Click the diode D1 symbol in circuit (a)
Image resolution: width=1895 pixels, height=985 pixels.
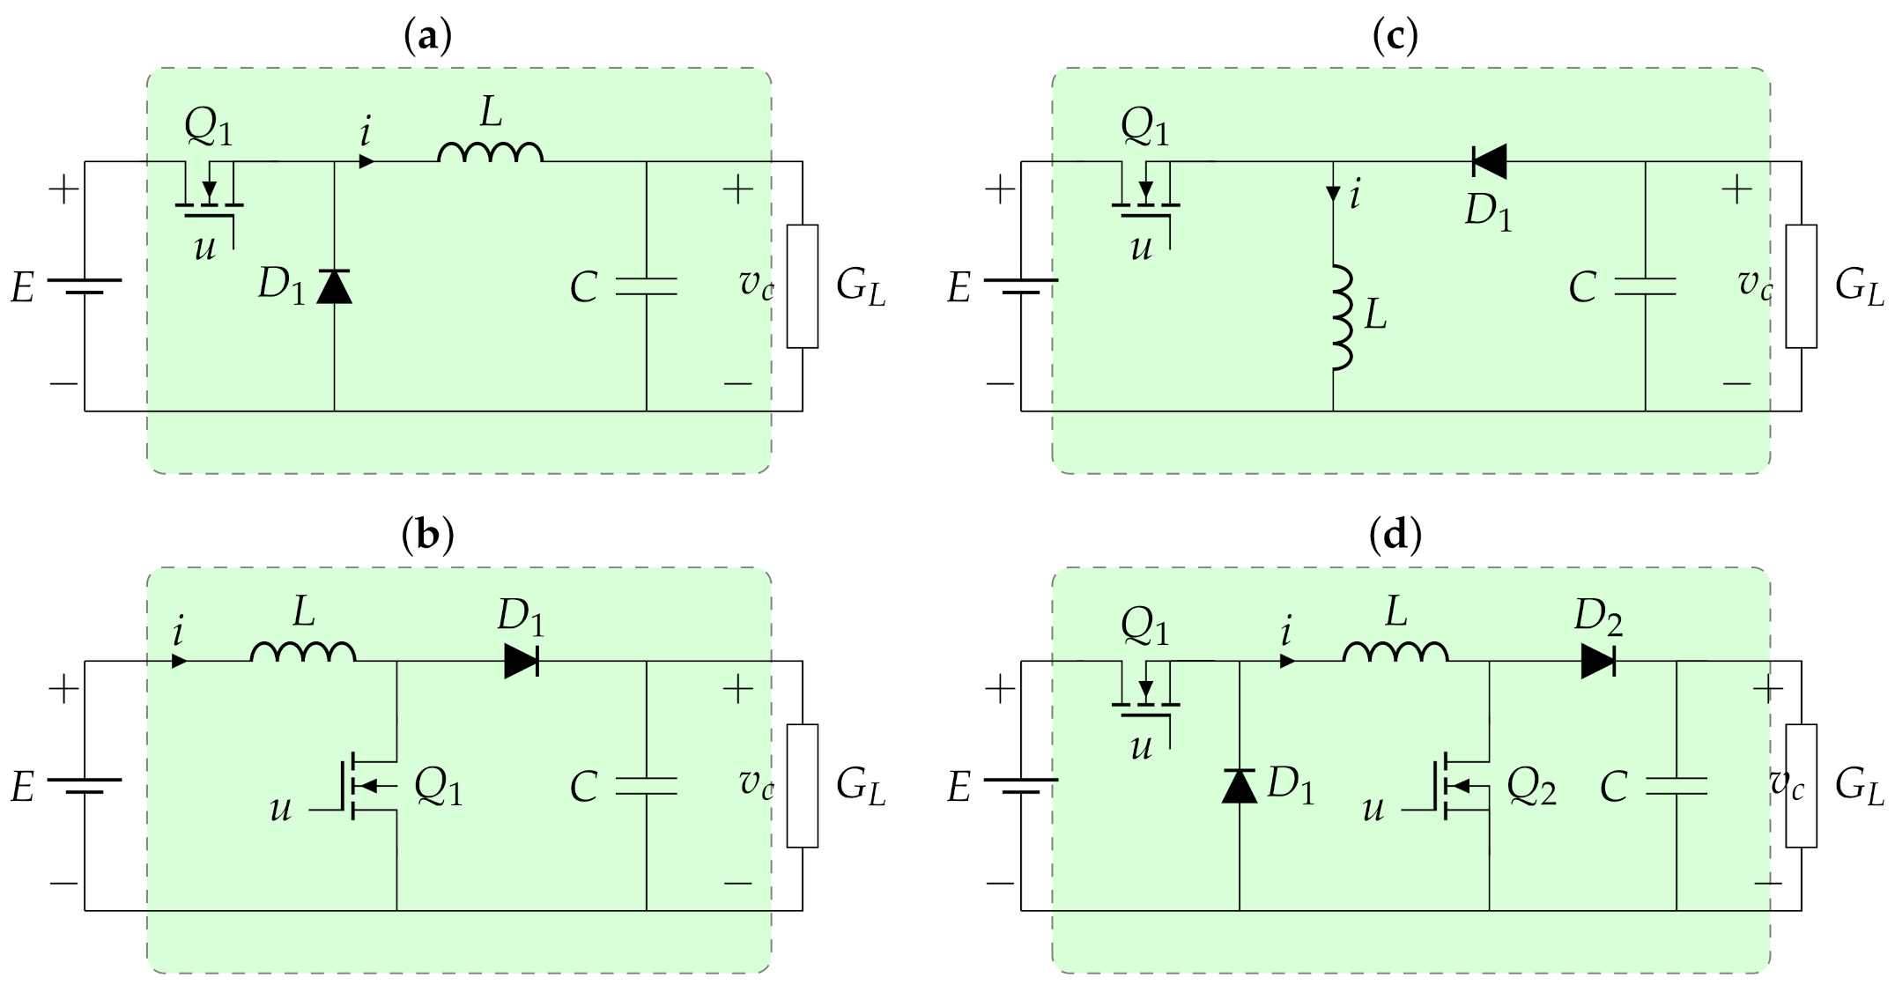tap(334, 287)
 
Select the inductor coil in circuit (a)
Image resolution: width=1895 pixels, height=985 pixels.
tap(490, 154)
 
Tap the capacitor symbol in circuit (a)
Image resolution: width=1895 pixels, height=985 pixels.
tap(647, 285)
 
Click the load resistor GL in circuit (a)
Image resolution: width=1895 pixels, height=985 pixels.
tap(802, 286)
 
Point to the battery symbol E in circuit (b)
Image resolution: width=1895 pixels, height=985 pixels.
tap(85, 785)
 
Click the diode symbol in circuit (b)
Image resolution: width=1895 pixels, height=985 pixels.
tap(521, 661)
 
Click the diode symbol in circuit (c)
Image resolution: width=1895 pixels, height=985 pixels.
tap(1489, 161)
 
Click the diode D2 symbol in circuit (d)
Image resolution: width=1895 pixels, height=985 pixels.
tap(1597, 661)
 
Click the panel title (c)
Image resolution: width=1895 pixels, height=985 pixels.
tap(1395, 36)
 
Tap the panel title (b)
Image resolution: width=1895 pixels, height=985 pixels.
tap(427, 535)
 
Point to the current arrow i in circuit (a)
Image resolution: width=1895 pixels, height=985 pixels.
tap(366, 162)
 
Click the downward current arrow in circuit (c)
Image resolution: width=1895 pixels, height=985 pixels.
tap(1333, 194)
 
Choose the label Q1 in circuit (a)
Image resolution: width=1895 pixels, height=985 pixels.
tap(209, 128)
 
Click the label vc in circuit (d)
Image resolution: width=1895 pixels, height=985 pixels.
tap(1787, 784)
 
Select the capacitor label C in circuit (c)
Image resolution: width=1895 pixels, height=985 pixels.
tap(1582, 287)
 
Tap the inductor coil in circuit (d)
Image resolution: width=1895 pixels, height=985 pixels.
tap(1395, 653)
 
